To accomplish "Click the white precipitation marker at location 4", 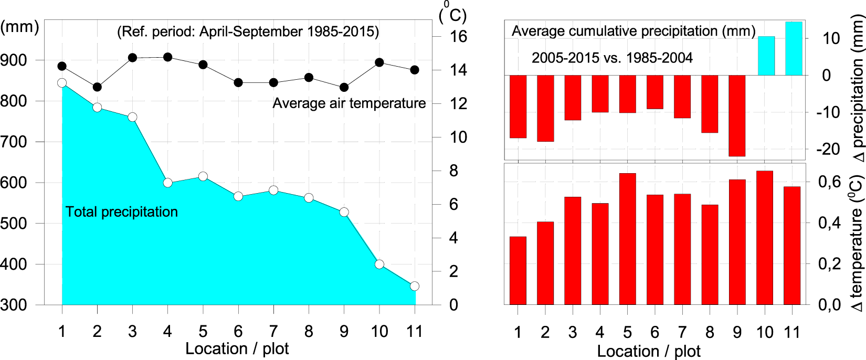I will coord(168,183).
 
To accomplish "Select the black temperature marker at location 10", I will coord(379,62).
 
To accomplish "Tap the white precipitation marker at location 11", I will coord(415,286).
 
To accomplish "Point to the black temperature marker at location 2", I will coord(97,87).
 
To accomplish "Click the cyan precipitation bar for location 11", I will coord(794,48).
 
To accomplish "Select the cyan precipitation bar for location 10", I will coord(766,56).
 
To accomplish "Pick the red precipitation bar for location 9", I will coord(737,115).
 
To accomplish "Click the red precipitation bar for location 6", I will coord(654,92).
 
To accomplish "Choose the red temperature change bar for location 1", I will coord(518,270).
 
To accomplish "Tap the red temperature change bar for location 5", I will coord(627,239).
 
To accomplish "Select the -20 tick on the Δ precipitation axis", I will coord(828,150).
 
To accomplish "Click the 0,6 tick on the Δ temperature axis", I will coord(829,182).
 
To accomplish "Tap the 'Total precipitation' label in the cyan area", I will coord(122,212).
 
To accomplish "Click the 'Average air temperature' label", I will coord(349,103).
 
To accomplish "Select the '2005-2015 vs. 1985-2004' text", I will coord(612,58).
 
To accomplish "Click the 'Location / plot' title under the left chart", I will coord(237,348).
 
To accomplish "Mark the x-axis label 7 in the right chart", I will coord(682,332).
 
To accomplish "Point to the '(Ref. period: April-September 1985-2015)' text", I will coord(248,31).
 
